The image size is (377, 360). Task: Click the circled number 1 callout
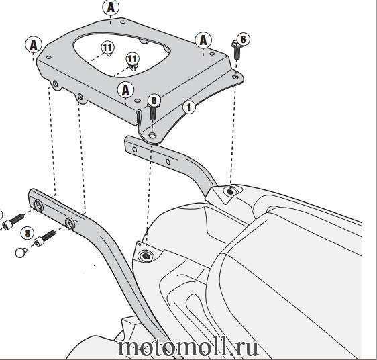tap(189, 107)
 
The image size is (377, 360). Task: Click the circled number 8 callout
tap(28, 234)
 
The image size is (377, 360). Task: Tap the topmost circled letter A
tap(111, 7)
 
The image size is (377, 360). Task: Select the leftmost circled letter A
tap(34, 44)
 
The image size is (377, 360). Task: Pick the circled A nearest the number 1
tap(125, 90)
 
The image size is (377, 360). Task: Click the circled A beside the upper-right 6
tap(203, 40)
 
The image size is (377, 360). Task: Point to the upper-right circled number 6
tap(243, 39)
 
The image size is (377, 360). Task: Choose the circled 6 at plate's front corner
tap(154, 101)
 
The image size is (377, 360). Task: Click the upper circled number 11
tap(107, 47)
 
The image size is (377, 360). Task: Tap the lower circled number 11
tap(133, 58)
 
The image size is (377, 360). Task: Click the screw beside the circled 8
tap(45, 238)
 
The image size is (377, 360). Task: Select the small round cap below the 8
tap(21, 253)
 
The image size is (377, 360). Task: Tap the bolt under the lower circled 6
tap(153, 112)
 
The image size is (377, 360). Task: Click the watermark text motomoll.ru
tap(188, 347)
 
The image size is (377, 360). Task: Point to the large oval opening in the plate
tap(122, 54)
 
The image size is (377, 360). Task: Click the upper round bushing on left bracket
tap(38, 206)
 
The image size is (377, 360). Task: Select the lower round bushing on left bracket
tap(70, 223)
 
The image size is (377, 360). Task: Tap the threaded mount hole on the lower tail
tap(146, 256)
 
